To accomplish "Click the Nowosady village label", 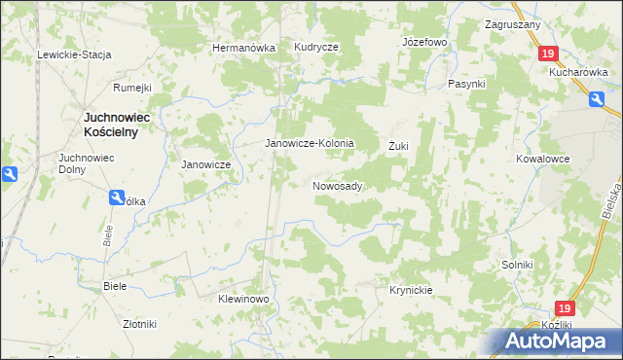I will (x=338, y=185).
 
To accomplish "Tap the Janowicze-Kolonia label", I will (x=310, y=143).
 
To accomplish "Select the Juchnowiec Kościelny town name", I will (x=109, y=125).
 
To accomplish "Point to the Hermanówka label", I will (x=244, y=48).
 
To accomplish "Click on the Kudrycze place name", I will (x=316, y=48).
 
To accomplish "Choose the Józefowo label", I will (x=423, y=43).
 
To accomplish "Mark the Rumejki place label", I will (x=132, y=88).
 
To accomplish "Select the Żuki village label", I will (x=398, y=146).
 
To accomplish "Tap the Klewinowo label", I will (x=242, y=299).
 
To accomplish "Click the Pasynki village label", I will (x=466, y=85).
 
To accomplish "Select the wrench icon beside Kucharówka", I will (x=595, y=97).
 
